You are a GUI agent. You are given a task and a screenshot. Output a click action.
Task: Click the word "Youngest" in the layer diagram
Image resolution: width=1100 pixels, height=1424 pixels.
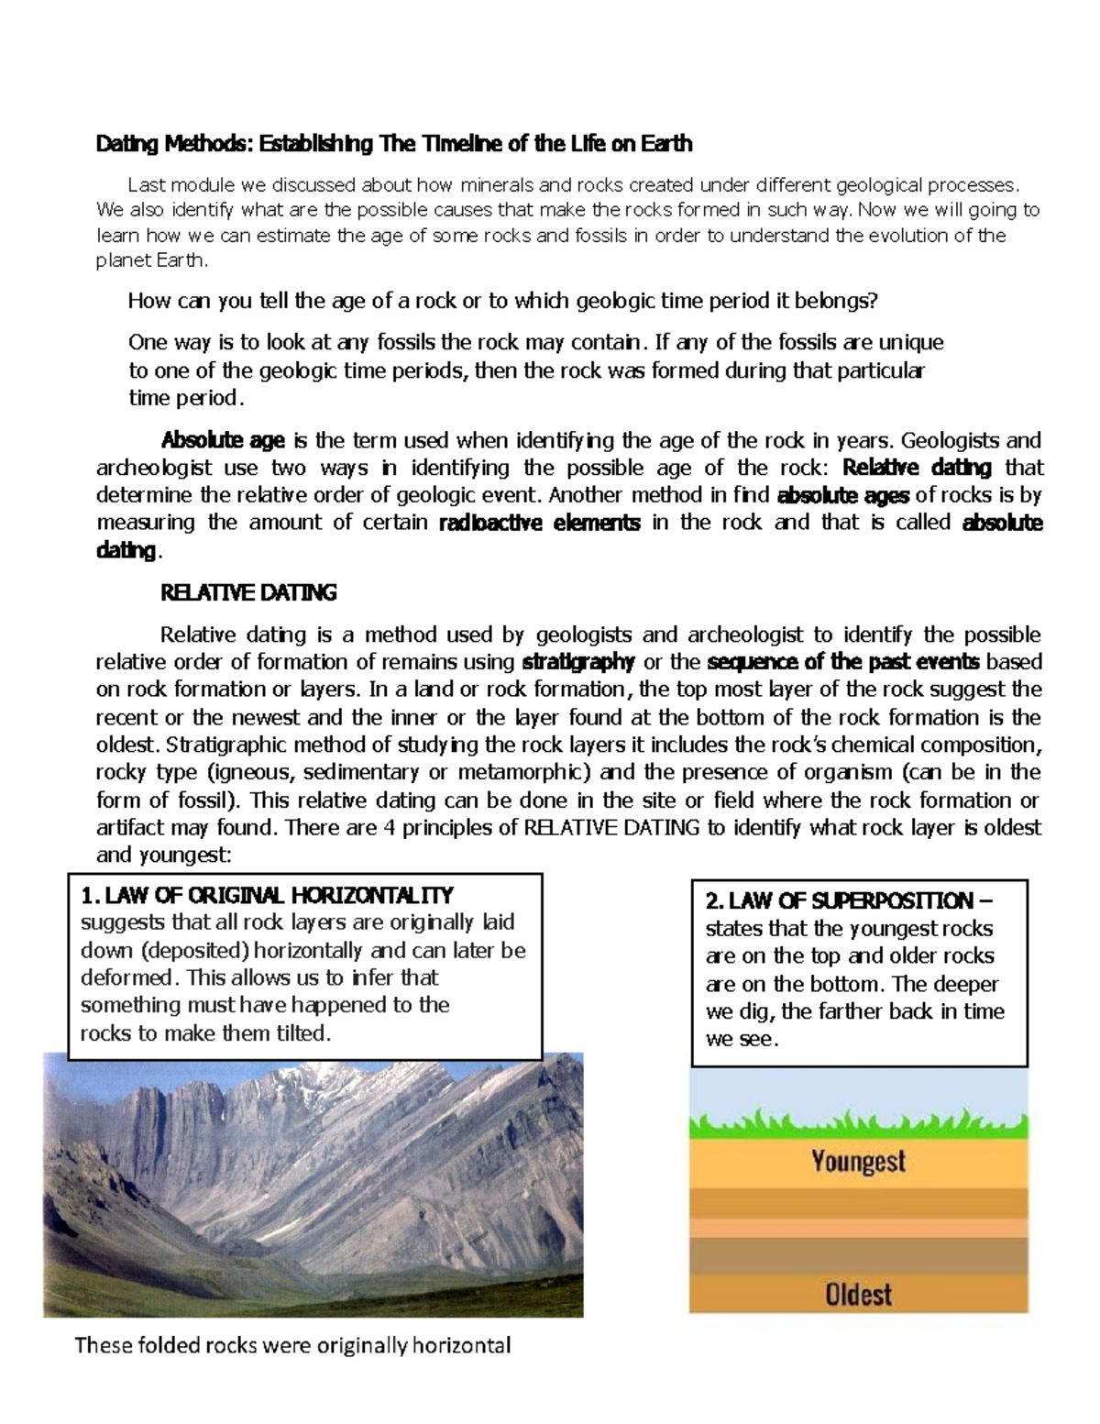[x=858, y=1162]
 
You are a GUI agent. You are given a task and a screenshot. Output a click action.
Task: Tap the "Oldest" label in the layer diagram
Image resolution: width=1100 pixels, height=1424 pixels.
[x=858, y=1294]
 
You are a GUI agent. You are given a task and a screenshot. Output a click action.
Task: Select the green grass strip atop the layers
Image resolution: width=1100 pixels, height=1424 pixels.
[x=858, y=1124]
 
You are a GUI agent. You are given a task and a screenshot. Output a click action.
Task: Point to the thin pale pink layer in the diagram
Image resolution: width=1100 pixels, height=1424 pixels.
[x=858, y=1228]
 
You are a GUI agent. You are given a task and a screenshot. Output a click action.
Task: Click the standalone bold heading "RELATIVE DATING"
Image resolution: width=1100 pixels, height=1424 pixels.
[x=248, y=593]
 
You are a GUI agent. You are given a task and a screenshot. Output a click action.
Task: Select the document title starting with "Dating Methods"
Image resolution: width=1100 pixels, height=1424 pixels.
[x=394, y=144]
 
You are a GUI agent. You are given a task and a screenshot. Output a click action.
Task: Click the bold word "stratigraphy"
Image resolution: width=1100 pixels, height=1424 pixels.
[x=577, y=662]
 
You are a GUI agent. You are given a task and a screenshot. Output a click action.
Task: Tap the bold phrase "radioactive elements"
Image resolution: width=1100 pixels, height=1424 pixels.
[x=540, y=524]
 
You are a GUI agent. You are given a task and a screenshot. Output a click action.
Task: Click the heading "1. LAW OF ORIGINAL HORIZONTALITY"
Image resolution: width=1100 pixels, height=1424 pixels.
[x=267, y=895]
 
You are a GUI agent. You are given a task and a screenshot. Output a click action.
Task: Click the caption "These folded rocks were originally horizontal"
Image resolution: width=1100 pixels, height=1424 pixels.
[x=292, y=1346]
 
